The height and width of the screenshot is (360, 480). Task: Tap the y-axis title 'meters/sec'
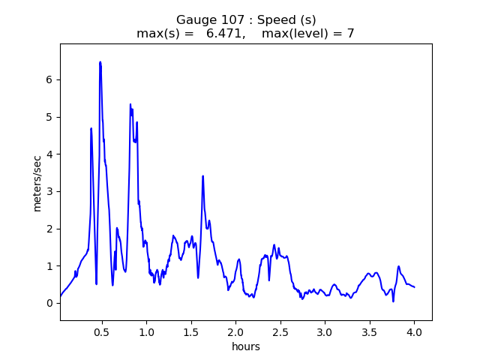pyautogui.click(x=37, y=182)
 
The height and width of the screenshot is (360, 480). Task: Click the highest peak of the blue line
pyautogui.click(x=100, y=62)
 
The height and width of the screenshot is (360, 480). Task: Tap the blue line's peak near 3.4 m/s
pyautogui.click(x=202, y=176)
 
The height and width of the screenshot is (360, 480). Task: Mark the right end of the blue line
pyautogui.click(x=414, y=287)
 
